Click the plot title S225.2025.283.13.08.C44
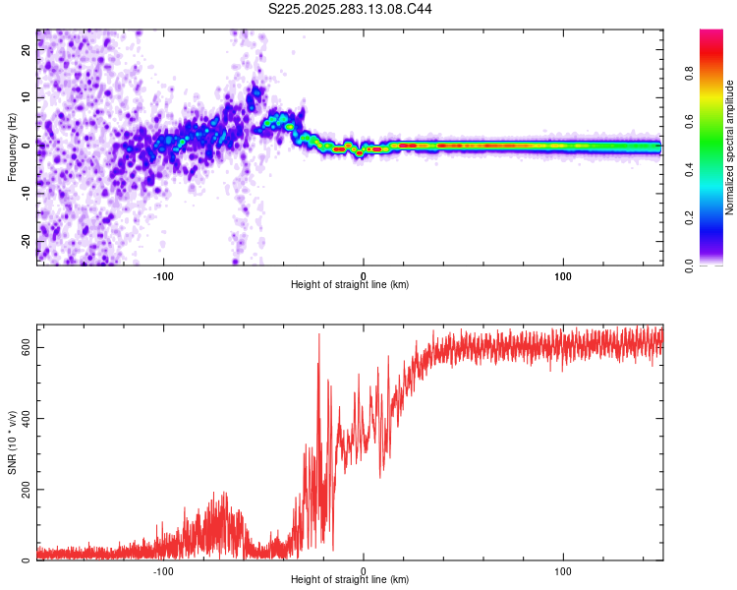click(x=351, y=9)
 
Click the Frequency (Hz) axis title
click(x=12, y=147)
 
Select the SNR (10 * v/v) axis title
click(x=12, y=441)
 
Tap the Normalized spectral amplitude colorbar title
click(x=730, y=147)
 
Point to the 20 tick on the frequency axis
click(x=27, y=52)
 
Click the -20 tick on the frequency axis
click(x=27, y=240)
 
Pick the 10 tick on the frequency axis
click(x=27, y=98)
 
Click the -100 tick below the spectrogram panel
click(x=163, y=275)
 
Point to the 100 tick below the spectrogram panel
click(x=563, y=275)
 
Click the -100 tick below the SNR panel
click(x=163, y=571)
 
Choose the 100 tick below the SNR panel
click(x=563, y=571)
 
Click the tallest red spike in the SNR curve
click(x=318, y=336)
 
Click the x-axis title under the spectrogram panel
click(x=350, y=285)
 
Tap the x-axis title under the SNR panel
click(x=350, y=581)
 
